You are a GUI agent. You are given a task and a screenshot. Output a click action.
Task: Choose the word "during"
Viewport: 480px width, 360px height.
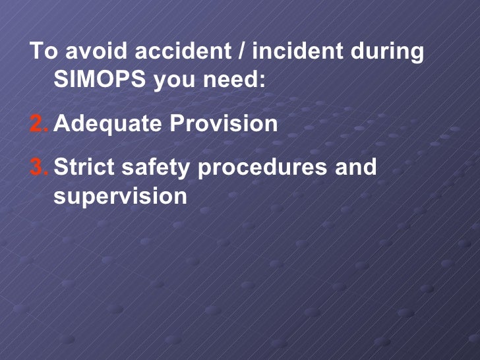click(386, 52)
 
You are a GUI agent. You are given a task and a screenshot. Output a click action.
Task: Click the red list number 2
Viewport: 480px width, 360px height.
click(38, 123)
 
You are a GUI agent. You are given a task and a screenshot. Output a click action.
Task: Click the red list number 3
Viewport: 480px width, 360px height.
click(38, 167)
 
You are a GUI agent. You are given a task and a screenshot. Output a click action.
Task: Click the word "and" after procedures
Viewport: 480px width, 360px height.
click(356, 167)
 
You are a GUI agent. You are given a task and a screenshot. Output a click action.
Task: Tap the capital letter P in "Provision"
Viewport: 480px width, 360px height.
click(177, 123)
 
